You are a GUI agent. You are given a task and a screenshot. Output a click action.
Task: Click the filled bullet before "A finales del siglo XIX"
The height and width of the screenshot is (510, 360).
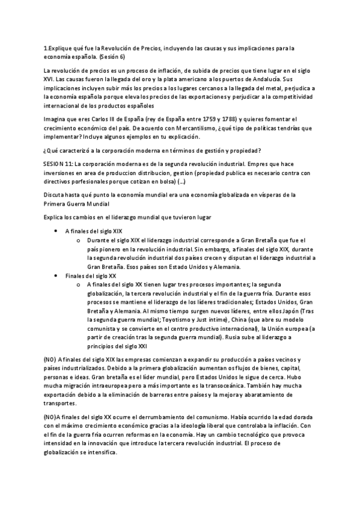pos(56,230)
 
